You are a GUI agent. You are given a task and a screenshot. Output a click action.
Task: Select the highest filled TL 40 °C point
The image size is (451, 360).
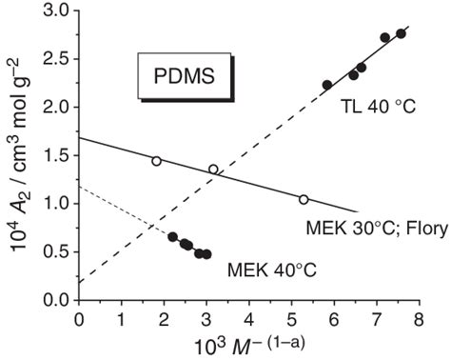(x=401, y=33)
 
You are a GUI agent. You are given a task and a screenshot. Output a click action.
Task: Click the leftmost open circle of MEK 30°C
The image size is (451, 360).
(x=156, y=161)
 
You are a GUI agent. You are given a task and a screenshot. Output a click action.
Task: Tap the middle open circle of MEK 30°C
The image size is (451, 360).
(x=213, y=170)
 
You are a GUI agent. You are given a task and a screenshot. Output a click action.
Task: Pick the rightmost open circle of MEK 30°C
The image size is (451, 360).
(x=304, y=199)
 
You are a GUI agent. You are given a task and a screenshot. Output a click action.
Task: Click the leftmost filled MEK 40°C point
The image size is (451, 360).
(x=172, y=237)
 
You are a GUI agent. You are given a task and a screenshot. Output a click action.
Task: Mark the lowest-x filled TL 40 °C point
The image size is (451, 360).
(x=327, y=85)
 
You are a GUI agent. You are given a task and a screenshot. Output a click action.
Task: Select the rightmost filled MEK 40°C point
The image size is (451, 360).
(x=206, y=254)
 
